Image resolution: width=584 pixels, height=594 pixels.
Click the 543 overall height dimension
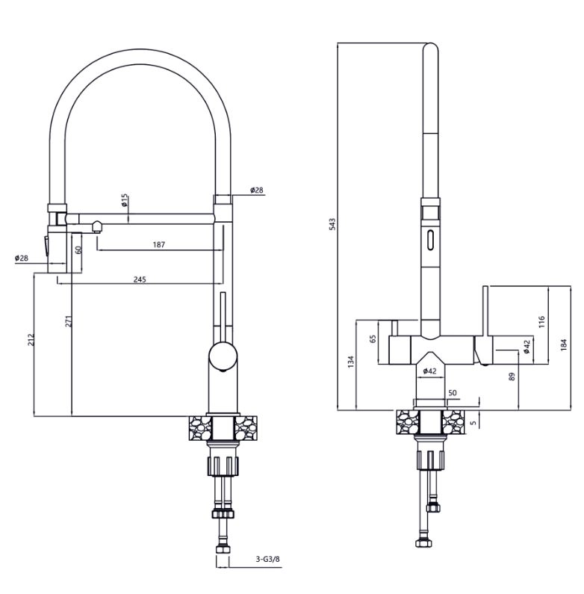point(332,224)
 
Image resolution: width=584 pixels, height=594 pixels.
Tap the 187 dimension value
point(159,245)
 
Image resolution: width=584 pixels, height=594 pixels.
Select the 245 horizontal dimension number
point(140,279)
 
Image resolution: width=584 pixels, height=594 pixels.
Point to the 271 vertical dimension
point(69,321)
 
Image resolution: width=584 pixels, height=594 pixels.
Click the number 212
point(31,339)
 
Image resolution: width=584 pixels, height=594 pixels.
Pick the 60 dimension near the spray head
point(78,250)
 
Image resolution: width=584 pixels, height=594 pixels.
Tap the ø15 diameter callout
point(125,200)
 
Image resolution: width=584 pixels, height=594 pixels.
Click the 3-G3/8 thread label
point(268,559)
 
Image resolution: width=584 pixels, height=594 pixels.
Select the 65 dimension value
point(373,338)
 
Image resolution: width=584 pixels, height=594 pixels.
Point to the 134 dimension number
point(351,362)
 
